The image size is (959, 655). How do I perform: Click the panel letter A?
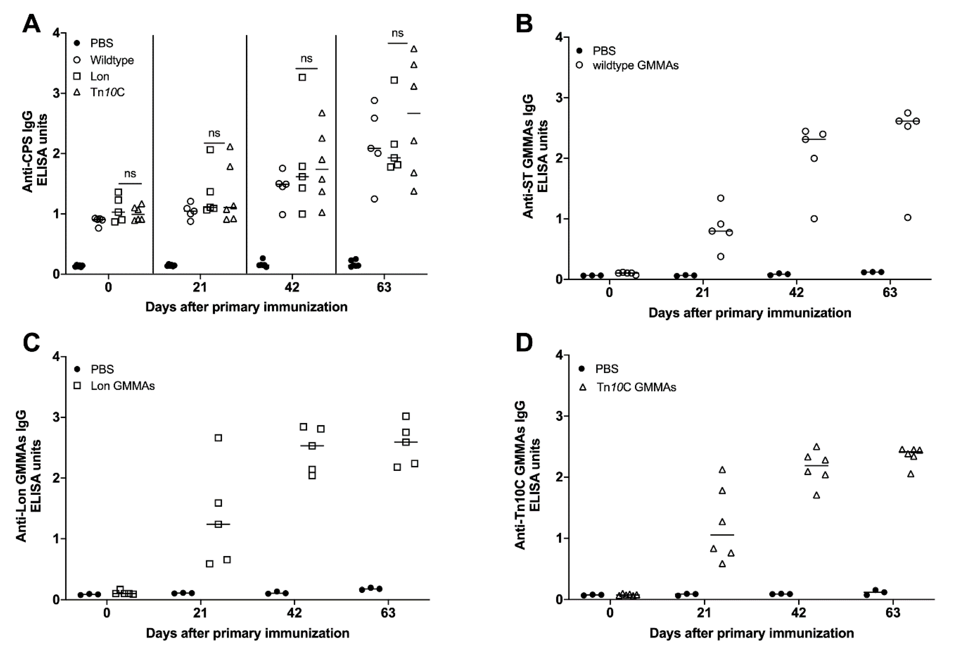point(31,24)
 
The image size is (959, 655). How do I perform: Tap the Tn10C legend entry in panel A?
point(107,92)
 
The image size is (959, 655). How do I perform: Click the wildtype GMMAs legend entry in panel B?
point(635,66)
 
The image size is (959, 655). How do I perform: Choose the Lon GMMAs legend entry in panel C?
point(122,386)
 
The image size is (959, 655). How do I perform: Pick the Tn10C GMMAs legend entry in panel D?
point(636,387)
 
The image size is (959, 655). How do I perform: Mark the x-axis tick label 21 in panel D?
point(704,613)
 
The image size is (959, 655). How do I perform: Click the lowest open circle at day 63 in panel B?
point(907,218)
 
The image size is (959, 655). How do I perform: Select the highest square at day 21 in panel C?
point(218,437)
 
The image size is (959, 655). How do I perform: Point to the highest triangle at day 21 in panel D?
point(722,470)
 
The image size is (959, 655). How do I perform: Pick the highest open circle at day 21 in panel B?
point(720,198)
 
